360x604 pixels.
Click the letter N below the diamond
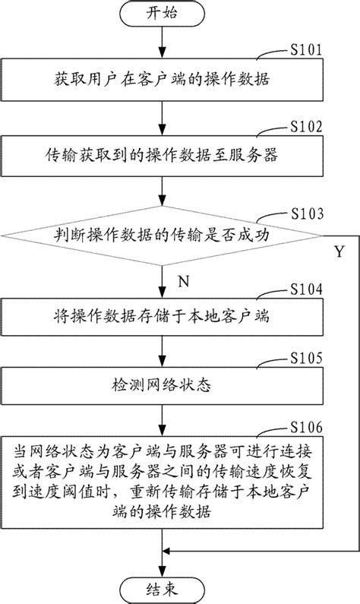point(182,279)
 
